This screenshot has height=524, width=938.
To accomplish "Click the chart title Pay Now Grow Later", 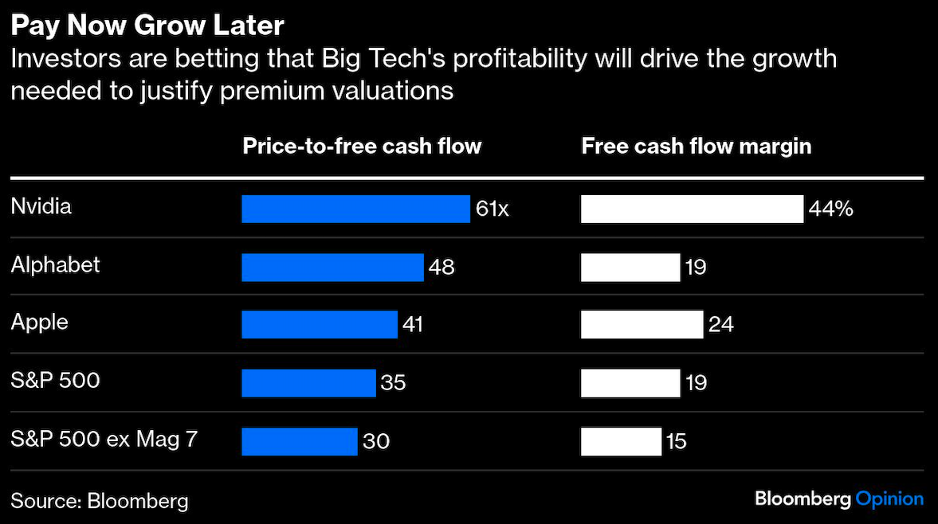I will pos(147,25).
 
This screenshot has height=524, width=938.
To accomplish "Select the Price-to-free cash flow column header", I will pos(362,146).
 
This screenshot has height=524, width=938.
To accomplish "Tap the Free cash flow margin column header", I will pos(696,146).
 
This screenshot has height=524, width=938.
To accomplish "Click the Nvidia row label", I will pos(41,206).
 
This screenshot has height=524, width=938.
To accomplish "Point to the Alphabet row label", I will pos(56,264).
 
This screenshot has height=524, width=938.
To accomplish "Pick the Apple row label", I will pos(40,323).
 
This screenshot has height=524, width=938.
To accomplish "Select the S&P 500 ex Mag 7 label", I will pos(104,438).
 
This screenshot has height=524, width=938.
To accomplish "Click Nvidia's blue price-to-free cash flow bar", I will pos(355,209).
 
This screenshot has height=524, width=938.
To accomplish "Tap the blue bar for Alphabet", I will pos(332,267).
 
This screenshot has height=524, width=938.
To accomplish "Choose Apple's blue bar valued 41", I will pos(320,325).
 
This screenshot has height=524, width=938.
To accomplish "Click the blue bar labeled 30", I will pos(300,441).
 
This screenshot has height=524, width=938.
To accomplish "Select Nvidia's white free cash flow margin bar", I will pos(692,209).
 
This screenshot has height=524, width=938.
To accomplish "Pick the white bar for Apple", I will pos(642,325).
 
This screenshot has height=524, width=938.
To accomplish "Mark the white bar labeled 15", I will pos(621,441).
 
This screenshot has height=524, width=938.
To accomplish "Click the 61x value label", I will pos(492,209).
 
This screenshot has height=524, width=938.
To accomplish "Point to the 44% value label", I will pos(831,209).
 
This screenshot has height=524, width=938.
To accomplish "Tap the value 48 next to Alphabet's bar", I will pos(442,267).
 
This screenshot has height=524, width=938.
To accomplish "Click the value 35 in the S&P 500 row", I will pos(393,383).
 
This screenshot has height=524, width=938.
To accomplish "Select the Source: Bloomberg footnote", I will pos(100,501).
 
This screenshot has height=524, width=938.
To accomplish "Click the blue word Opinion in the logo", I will pos(889,499).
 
